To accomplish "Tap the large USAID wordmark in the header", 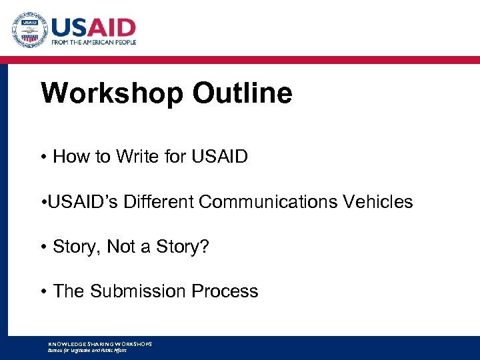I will click(93, 27).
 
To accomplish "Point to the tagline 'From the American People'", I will click(94, 42).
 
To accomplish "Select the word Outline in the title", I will click(243, 93).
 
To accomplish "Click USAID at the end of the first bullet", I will click(219, 157).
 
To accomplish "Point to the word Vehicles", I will click(377, 201).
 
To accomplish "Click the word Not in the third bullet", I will click(123, 247).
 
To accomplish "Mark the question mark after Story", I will click(205, 247).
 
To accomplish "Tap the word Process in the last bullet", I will click(225, 291).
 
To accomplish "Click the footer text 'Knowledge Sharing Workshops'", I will click(100, 344).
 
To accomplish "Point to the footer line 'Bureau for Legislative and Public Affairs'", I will click(87, 350).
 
